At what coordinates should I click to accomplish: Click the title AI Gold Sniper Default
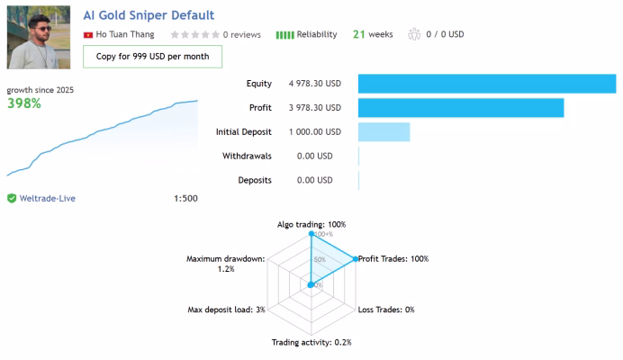[x=149, y=15]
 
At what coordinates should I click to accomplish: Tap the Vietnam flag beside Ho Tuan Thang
[x=88, y=35]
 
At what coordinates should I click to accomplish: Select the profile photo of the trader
[x=39, y=37]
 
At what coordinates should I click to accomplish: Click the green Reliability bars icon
[x=284, y=35]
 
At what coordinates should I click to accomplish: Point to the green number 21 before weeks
[x=359, y=34]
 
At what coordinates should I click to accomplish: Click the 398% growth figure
[x=24, y=103]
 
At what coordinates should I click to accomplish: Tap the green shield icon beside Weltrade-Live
[x=12, y=198]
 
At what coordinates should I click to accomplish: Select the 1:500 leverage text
[x=185, y=198]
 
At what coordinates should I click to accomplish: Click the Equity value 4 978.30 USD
[x=315, y=84]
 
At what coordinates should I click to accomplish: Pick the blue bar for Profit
[x=461, y=108]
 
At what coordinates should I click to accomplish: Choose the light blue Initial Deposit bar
[x=384, y=132]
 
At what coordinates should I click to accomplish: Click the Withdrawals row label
[x=247, y=157]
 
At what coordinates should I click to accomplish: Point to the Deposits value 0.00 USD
[x=315, y=180]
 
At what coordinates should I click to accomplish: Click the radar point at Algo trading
[x=311, y=234]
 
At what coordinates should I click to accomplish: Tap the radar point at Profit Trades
[x=356, y=259]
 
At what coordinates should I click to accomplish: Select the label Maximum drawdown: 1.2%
[x=226, y=264]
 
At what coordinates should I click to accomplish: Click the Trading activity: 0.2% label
[x=311, y=342]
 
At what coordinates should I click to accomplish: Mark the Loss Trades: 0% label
[x=386, y=310]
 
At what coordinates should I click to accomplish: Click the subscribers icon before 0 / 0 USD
[x=414, y=34]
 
